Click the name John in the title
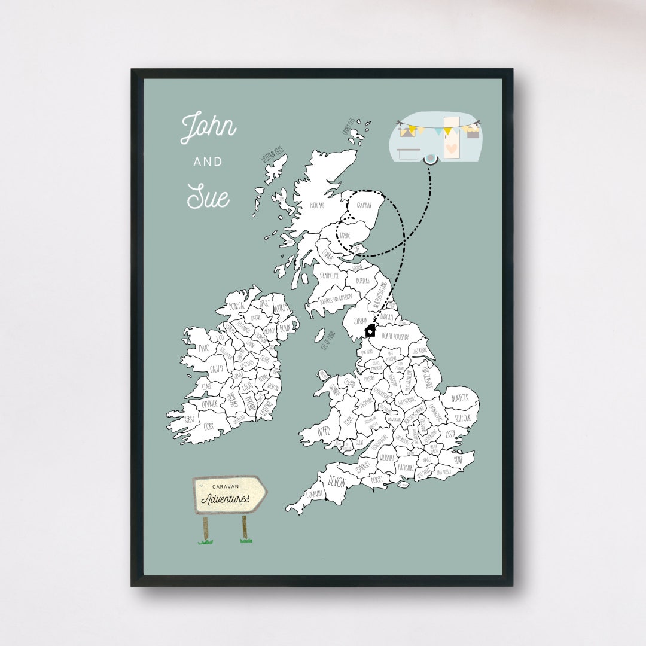point(208,127)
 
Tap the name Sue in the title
point(208,195)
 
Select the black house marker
point(370,330)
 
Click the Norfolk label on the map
point(460,398)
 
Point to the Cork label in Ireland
point(208,426)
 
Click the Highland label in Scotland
point(317,205)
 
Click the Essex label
point(450,434)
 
